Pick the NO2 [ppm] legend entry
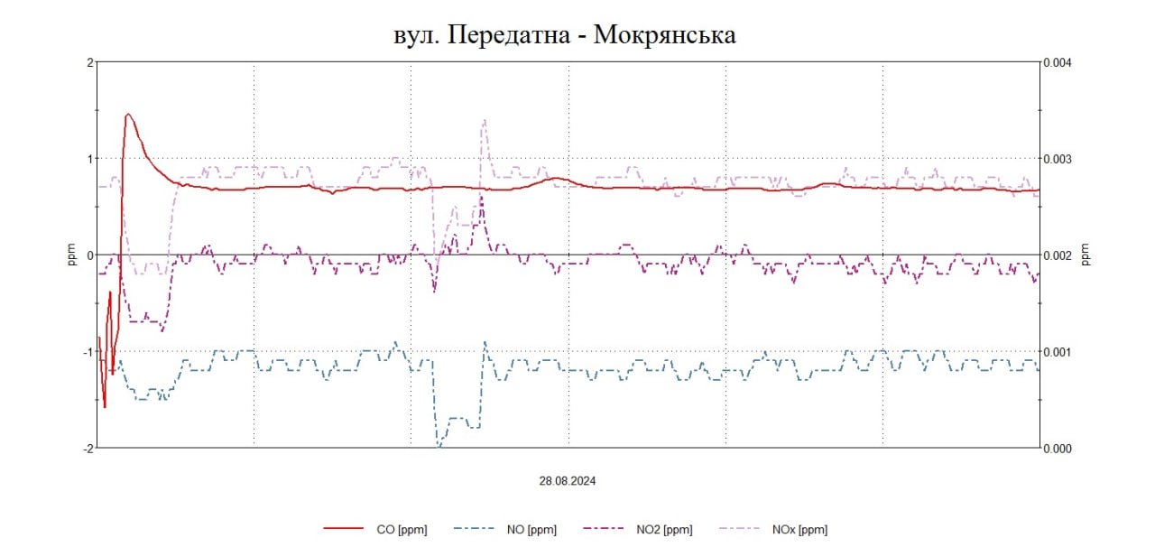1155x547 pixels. pyautogui.click(x=665, y=530)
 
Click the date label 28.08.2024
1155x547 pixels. pyautogui.click(x=568, y=481)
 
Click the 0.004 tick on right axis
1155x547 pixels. pyautogui.click(x=1058, y=62)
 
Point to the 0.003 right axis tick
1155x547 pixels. pyautogui.click(x=1058, y=159)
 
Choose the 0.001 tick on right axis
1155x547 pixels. pyautogui.click(x=1058, y=351)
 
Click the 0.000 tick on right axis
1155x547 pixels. pyautogui.click(x=1058, y=448)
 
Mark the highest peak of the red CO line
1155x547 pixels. pyautogui.click(x=128, y=115)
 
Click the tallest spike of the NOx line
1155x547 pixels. pyautogui.click(x=485, y=120)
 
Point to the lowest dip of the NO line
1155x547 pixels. pyautogui.click(x=439, y=446)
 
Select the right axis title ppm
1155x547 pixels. pyautogui.click(x=1086, y=255)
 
